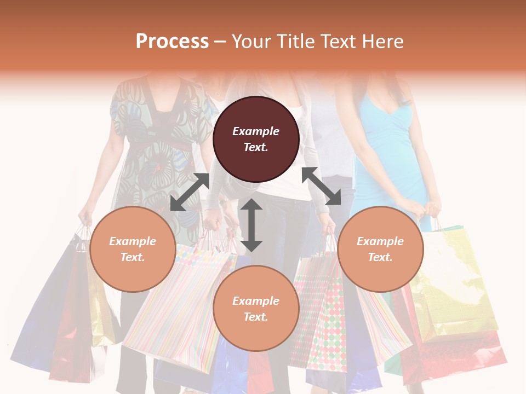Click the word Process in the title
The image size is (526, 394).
coord(172,42)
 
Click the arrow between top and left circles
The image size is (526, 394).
coord(190,192)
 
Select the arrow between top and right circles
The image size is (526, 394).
coord(321,186)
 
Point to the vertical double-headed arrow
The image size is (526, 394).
coord(251,225)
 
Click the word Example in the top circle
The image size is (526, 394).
coord(256,131)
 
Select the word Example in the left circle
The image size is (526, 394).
coord(133,241)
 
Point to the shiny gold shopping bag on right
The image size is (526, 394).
coord(455,285)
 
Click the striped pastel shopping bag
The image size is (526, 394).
coord(175,306)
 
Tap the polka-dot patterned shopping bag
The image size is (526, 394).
coord(323,317)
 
